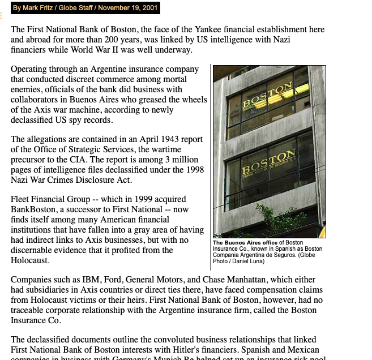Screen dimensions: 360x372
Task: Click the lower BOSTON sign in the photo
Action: click(x=268, y=162)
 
